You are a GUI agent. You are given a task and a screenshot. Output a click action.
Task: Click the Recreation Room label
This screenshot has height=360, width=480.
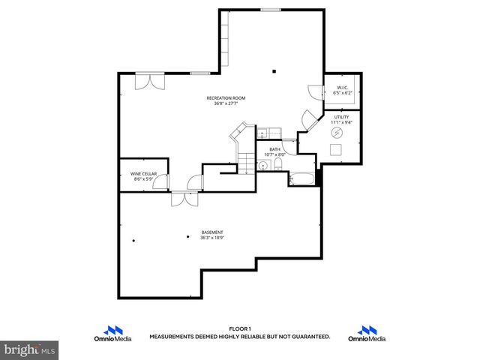point(226,98)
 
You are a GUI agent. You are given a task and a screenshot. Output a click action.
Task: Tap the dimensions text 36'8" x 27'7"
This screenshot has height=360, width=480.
point(226,103)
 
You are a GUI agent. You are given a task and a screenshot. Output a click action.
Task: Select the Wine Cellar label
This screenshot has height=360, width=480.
point(143,173)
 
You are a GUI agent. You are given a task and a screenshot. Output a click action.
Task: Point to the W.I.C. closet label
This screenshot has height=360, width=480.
point(342,88)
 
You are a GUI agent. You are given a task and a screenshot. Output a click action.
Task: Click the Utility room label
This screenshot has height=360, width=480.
point(342,117)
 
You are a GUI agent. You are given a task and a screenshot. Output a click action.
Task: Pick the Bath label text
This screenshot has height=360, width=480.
point(274,149)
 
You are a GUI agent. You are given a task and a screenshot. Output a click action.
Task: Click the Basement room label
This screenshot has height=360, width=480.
point(212,232)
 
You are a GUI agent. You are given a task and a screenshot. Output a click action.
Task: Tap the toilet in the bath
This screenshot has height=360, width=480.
point(277,165)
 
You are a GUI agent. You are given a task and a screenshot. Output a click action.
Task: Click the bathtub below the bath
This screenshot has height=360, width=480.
point(303,179)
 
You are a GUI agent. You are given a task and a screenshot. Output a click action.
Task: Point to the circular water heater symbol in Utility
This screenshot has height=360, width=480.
point(337,132)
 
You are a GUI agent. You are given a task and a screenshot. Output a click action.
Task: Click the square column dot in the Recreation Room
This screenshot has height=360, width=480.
point(274,72)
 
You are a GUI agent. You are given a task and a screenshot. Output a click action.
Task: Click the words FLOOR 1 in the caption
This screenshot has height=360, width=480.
point(239,329)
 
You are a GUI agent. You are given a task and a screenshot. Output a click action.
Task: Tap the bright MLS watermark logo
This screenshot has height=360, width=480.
point(30,349)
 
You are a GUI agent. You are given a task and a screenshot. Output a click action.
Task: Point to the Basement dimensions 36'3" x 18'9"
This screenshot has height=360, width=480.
point(212,238)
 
